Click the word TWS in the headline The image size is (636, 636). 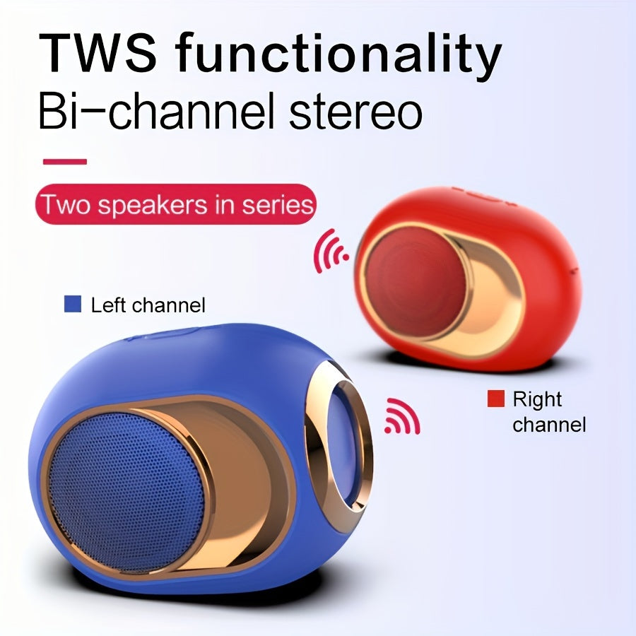[98, 53]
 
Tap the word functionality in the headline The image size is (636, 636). [338, 56]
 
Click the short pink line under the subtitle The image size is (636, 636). [65, 162]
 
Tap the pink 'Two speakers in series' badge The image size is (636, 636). [176, 204]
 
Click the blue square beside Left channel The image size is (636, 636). [73, 304]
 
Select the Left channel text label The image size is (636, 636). [148, 305]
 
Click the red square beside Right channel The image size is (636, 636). [495, 399]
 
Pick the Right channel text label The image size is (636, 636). [549, 412]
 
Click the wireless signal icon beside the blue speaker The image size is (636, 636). [402, 416]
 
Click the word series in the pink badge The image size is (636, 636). [278, 205]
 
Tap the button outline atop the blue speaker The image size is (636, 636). [163, 334]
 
